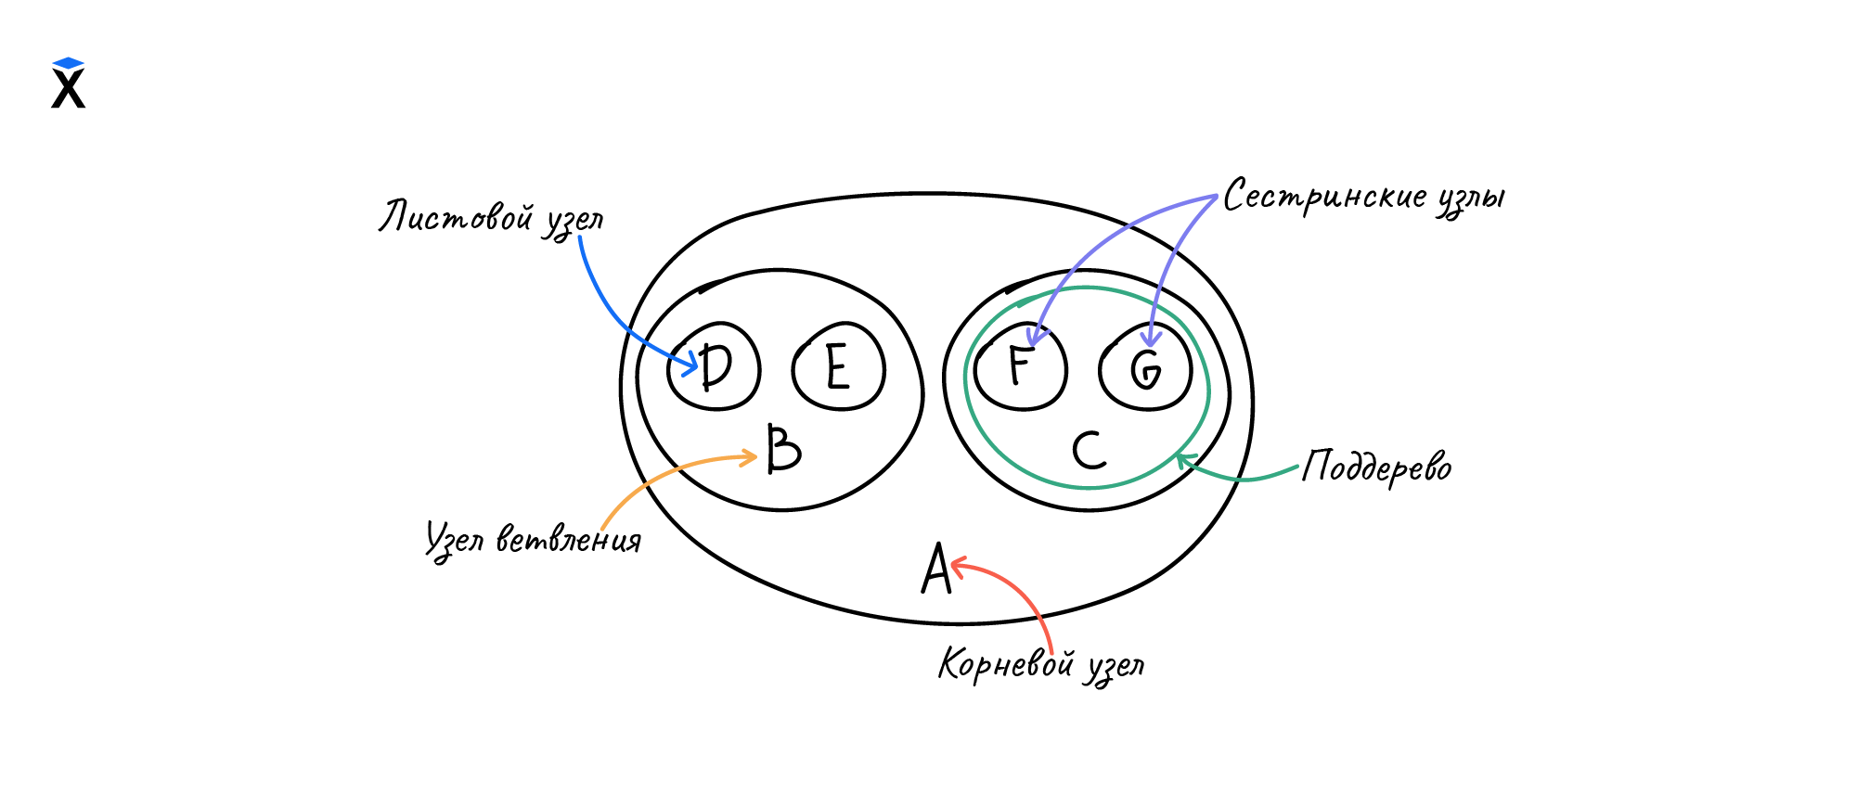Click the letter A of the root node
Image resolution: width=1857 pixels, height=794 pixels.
coord(936,569)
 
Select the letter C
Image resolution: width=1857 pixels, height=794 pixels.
coord(1089,450)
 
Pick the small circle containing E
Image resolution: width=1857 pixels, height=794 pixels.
coord(838,366)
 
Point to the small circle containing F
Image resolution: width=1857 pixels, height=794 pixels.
coord(1020,366)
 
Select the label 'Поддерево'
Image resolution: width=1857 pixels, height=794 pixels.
coord(1376,467)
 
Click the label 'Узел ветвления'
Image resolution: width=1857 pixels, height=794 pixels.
coord(534,539)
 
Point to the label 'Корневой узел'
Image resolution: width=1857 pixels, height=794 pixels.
coord(1041,665)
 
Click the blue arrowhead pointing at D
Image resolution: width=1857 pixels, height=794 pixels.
coord(690,365)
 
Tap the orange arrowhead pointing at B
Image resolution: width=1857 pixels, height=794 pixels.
coord(750,456)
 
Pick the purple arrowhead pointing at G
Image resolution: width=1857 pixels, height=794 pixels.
coord(1151,339)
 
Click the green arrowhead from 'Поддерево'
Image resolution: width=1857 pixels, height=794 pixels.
coord(1182,458)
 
